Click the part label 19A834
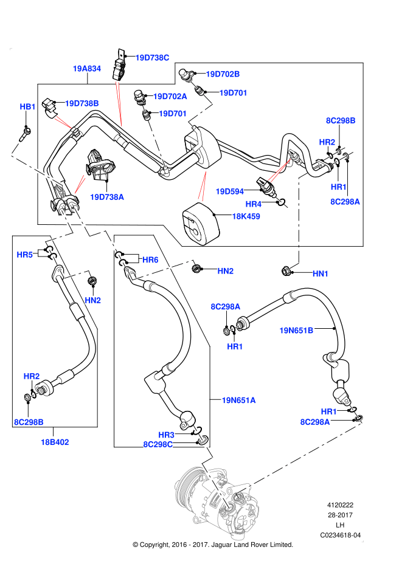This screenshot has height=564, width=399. (x=86, y=69)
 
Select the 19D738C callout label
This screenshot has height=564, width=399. (x=152, y=58)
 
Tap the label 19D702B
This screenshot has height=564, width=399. (x=223, y=74)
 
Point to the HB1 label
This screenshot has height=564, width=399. (x=28, y=107)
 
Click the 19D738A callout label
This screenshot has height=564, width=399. (x=107, y=197)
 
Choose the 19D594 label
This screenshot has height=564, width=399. (x=229, y=191)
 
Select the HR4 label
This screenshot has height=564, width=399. (x=254, y=204)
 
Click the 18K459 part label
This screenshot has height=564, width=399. (x=246, y=216)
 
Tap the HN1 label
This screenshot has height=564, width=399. (x=321, y=274)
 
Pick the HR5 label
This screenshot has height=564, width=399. (x=24, y=255)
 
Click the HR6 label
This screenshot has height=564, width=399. (x=150, y=260)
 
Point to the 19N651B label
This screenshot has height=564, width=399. (x=296, y=331)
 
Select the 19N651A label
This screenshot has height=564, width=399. (x=238, y=400)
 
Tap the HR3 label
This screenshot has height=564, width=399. (x=167, y=435)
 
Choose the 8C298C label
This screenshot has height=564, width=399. (x=158, y=444)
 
